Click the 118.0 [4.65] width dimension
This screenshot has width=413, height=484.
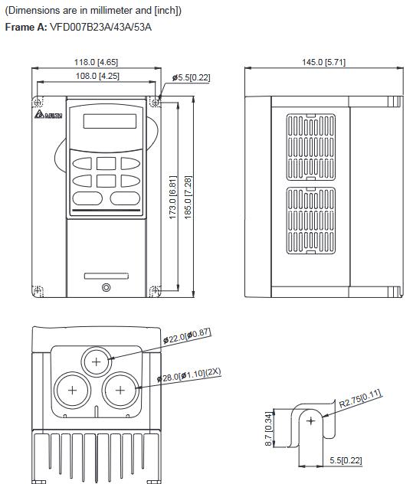pos(95,62)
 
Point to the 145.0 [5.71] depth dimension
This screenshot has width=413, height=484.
pos(324,62)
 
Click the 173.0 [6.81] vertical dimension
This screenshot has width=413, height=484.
pos(173,198)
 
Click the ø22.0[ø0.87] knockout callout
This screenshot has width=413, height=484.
pos(185,335)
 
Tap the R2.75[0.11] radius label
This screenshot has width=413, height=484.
pos(359,398)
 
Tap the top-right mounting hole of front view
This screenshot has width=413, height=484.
pos(156,102)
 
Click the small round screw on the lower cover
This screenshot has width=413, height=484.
pos(105,288)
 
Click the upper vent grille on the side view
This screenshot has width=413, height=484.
pos(310,145)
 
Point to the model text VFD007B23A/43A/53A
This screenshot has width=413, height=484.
pos(100,27)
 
